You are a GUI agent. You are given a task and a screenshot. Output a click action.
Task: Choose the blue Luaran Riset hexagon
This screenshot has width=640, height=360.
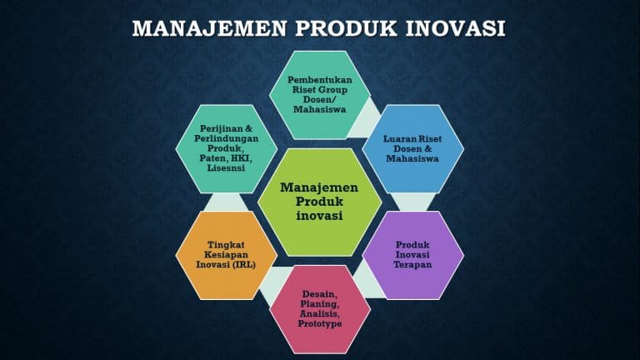412,147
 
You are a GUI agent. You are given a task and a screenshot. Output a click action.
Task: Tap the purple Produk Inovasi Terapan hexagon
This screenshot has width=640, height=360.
412,254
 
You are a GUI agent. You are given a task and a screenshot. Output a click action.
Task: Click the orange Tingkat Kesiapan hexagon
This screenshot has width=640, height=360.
227,254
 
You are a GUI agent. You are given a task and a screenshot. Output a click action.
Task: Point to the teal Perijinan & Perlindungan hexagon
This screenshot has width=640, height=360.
227,147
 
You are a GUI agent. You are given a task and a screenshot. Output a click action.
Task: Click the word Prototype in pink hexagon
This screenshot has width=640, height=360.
321,324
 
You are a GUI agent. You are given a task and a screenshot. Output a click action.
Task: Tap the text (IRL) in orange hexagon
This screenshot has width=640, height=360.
246,265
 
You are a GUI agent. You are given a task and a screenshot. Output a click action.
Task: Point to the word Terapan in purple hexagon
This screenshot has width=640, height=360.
412,265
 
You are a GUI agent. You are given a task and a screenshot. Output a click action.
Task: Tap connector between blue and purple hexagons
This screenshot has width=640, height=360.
413,201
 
